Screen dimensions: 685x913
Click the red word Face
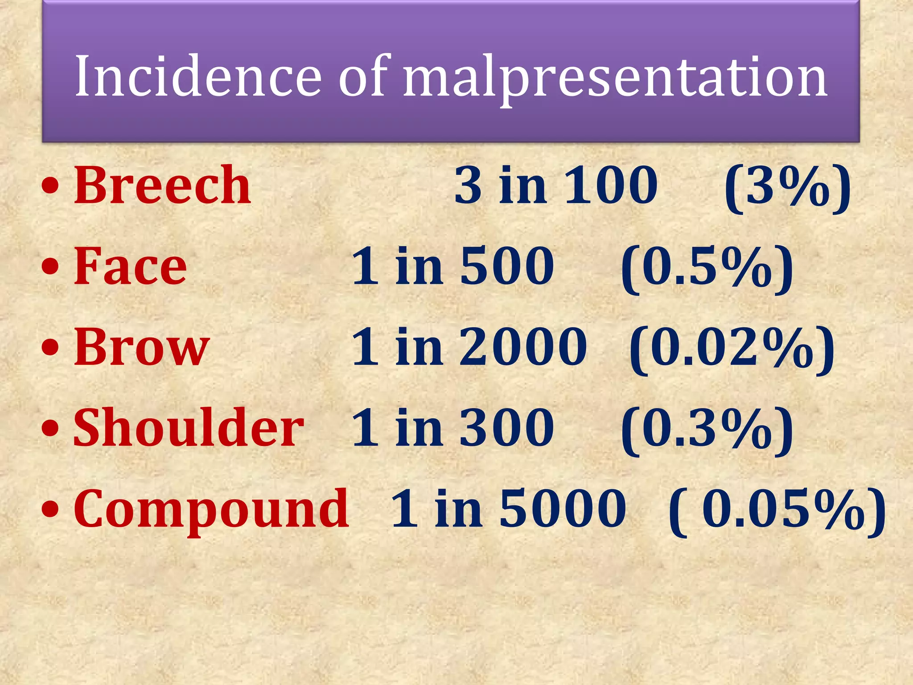(130, 266)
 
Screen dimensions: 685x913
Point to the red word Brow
(141, 347)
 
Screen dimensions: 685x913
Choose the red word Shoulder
(189, 428)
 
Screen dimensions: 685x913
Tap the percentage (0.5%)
(707, 268)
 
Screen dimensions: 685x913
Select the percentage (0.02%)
(732, 348)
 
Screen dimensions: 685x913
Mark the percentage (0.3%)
(707, 429)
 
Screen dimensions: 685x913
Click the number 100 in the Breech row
(611, 185)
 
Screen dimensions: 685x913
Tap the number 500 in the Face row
(507, 266)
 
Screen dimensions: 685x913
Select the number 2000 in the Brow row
(523, 347)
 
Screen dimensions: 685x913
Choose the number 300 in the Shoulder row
(507, 428)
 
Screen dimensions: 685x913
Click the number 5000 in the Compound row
(563, 509)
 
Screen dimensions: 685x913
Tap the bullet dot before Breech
(50, 186)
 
